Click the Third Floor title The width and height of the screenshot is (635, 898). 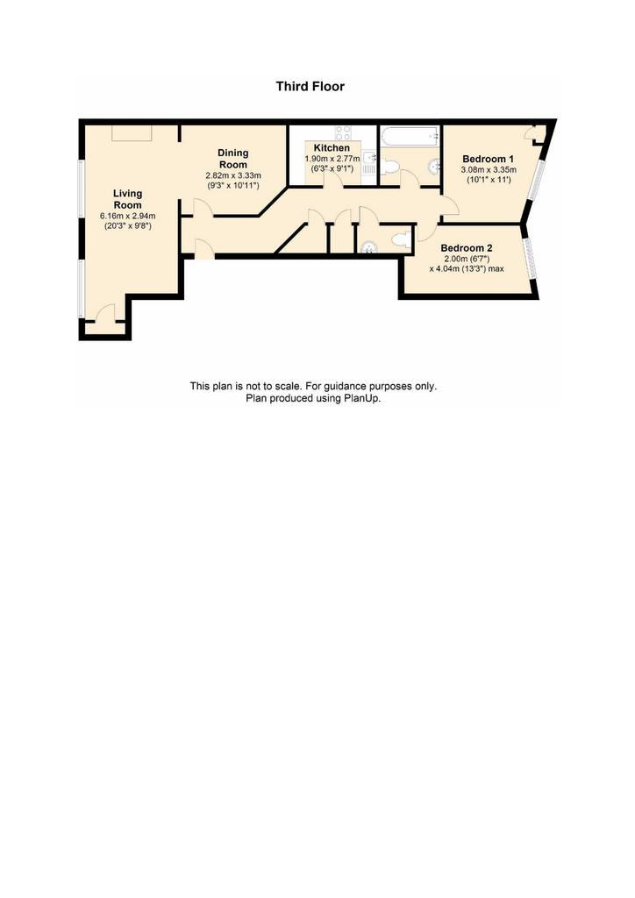(310, 87)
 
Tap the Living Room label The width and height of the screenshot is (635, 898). (127, 199)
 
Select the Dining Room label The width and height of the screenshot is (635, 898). (233, 159)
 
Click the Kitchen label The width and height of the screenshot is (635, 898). (332, 147)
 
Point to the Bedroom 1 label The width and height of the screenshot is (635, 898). (488, 159)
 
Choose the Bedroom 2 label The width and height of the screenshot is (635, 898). (466, 248)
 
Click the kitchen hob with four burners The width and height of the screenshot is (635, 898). (344, 133)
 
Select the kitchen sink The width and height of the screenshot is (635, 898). (369, 163)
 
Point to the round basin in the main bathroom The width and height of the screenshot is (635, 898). (433, 166)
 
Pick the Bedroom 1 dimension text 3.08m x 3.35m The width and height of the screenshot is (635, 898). (489, 169)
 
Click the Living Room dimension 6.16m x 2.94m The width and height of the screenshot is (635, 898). (128, 216)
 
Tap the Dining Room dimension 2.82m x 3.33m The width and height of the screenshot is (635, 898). (233, 175)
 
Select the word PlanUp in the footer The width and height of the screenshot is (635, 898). (361, 399)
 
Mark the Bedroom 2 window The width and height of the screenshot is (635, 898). (532, 258)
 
